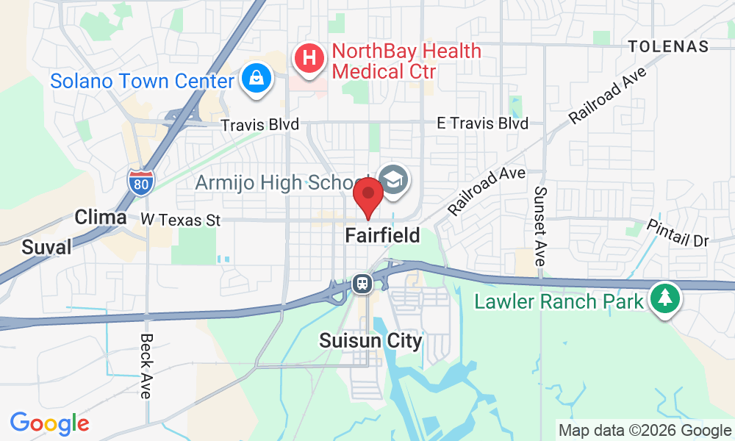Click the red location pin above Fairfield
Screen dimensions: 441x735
tap(368, 197)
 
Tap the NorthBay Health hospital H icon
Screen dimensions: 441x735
tap(309, 58)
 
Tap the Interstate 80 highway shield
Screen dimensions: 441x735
tap(139, 182)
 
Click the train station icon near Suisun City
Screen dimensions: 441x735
tap(362, 283)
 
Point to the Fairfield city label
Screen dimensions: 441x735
tap(383, 236)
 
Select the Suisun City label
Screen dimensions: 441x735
tap(370, 341)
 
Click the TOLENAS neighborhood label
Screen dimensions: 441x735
tap(668, 46)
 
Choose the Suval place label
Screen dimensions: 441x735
tap(47, 247)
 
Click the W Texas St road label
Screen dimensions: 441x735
tap(181, 219)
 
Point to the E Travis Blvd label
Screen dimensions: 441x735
tap(482, 123)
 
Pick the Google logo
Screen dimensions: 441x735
tap(49, 423)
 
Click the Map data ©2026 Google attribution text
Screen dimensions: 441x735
tap(644, 430)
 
